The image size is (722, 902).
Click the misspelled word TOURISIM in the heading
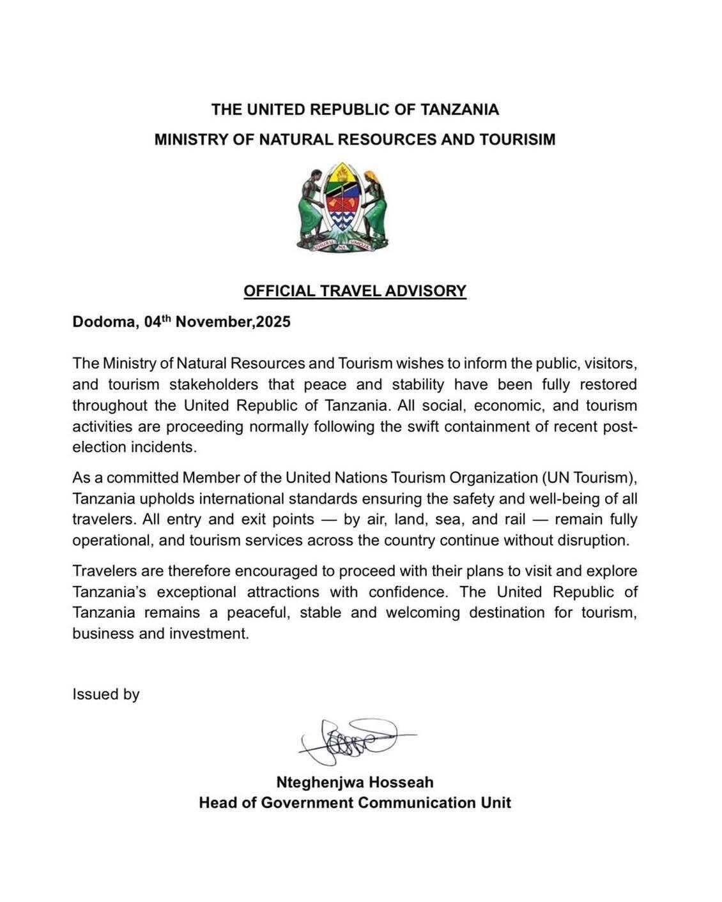coord(514,139)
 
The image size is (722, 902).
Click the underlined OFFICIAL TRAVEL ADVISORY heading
coord(355,291)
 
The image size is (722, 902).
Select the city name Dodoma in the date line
coord(103,322)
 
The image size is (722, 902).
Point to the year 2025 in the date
coord(273,322)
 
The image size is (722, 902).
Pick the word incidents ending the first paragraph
coord(163,447)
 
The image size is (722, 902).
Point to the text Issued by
coord(106,694)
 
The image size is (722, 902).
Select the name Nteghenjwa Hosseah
coord(355,782)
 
